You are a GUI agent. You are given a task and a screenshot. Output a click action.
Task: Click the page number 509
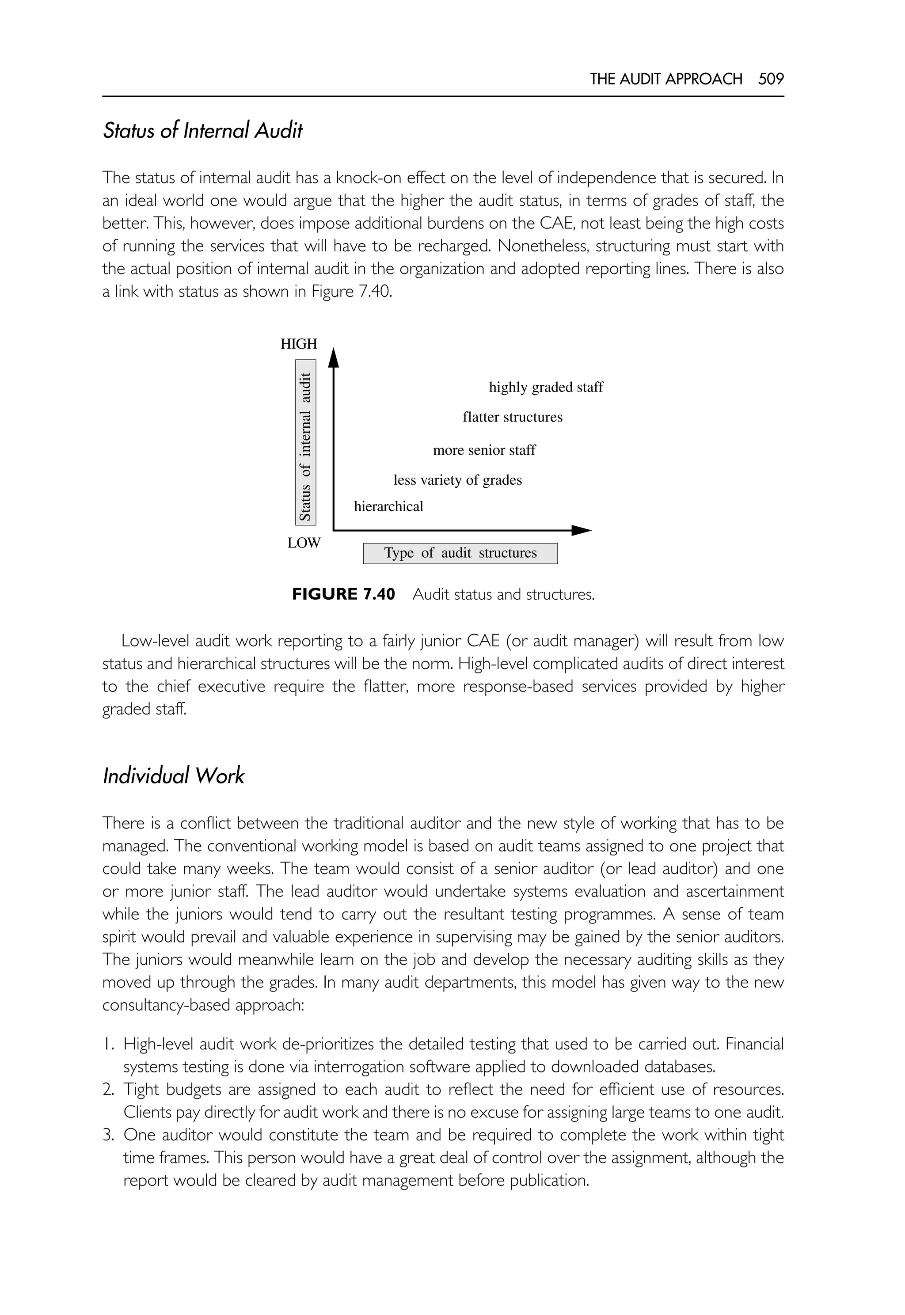coord(771,79)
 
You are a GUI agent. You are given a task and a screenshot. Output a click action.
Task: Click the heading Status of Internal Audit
coord(202,131)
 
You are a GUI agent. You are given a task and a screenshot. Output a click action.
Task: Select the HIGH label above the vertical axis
coord(299,344)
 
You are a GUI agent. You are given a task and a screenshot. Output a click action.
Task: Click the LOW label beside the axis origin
coord(304,543)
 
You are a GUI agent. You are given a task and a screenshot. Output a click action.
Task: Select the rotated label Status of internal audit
coord(306,442)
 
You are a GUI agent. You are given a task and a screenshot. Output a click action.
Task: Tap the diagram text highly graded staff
coord(546,388)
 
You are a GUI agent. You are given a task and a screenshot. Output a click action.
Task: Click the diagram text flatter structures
coord(513,418)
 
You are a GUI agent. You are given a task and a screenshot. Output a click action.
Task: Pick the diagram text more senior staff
coord(484,450)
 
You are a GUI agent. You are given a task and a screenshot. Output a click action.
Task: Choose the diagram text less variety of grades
coord(458,480)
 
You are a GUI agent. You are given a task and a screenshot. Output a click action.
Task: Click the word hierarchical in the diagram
coord(388,506)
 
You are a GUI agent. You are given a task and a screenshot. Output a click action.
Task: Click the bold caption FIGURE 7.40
coord(343,594)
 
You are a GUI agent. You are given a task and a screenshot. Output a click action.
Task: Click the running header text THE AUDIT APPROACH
coord(665,79)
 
